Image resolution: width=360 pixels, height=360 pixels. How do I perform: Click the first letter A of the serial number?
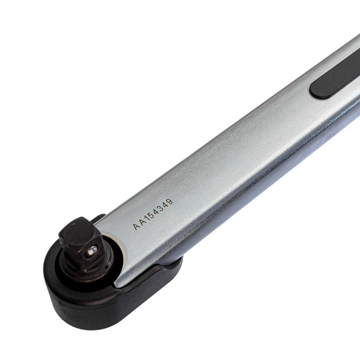[136, 227]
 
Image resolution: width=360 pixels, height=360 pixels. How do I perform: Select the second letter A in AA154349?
[142, 223]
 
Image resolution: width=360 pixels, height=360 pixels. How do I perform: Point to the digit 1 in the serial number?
[148, 218]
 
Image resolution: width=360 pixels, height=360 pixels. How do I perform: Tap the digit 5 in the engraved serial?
[152, 215]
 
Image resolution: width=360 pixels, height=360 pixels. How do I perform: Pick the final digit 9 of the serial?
[169, 202]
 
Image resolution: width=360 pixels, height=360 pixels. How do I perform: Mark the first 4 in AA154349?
[157, 212]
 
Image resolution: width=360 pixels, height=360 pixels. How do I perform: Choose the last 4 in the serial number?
[166, 205]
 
